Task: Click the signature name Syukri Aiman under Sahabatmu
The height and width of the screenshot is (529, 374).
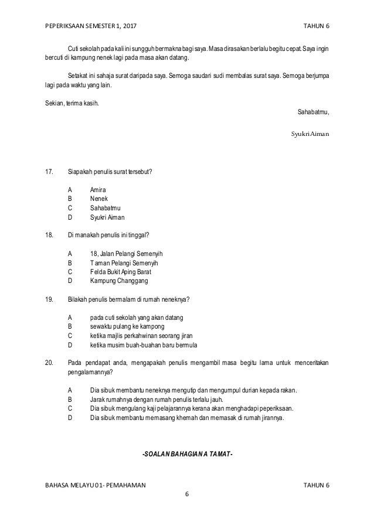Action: (310, 134)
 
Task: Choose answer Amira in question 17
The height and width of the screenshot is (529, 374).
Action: (99, 190)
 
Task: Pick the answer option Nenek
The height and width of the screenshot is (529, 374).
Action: (100, 199)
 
